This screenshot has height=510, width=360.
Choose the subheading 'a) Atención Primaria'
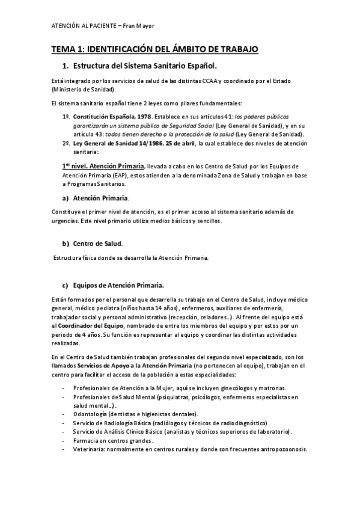[x=100, y=197]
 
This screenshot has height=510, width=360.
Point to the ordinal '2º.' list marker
[x=66, y=144]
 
